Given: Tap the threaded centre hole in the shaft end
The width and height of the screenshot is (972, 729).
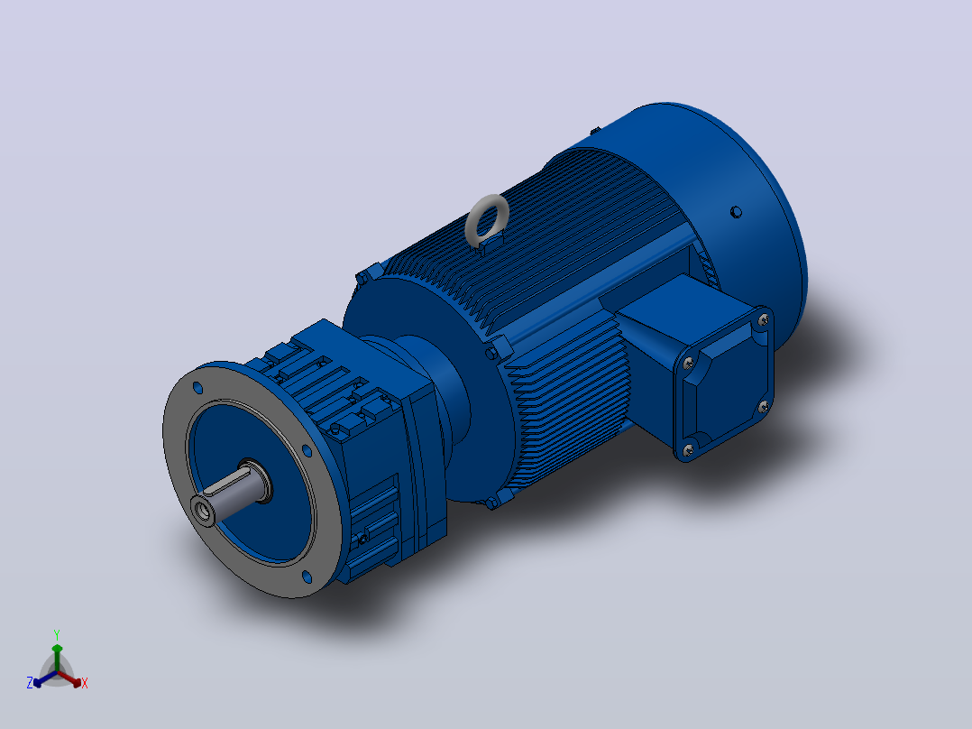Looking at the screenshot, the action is (x=201, y=510).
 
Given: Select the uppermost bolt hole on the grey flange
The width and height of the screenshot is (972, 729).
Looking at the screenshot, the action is (x=197, y=388).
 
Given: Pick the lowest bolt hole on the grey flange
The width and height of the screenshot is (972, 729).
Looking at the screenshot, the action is (x=307, y=577).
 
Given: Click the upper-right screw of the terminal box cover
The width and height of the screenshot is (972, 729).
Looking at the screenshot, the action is (x=763, y=320).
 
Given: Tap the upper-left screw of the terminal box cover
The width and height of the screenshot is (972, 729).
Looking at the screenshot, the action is (x=688, y=363).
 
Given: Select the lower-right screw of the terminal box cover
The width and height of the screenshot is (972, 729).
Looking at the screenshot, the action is (x=763, y=407).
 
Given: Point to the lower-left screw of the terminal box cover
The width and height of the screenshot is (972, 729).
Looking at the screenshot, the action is (x=688, y=450).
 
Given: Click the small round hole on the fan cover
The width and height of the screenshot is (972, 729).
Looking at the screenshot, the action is (x=736, y=212).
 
